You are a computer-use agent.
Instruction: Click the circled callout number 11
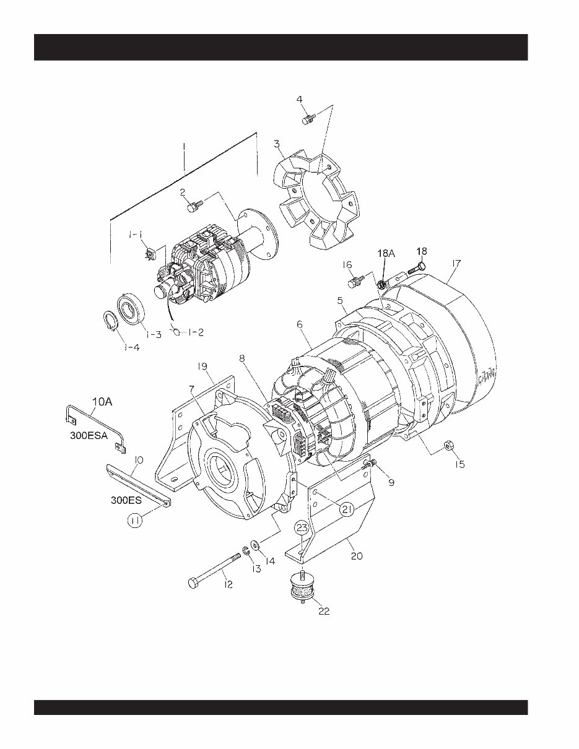click(136, 522)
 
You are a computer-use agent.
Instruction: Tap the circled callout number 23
click(301, 528)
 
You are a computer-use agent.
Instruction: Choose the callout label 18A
click(385, 254)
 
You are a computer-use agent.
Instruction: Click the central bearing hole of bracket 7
click(220, 462)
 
